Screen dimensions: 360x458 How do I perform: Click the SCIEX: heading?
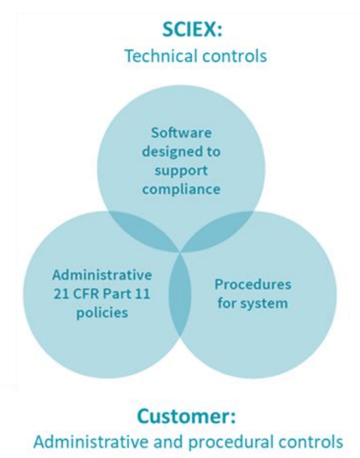coord(192,29)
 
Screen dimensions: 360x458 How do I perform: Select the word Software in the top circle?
coord(181,133)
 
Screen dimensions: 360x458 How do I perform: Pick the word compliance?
coord(181,190)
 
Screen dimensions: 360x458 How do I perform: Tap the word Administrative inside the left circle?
coord(102,275)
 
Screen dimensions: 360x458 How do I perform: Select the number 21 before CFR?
coord(61,294)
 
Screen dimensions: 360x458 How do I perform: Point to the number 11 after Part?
coord(142,294)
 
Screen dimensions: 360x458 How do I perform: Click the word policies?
coord(102,313)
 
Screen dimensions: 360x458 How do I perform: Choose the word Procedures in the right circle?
coord(253,285)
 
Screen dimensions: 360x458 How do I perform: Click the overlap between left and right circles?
coord(180,295)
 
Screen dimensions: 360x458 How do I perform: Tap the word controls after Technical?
coord(235,56)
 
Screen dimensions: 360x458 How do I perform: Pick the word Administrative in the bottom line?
coord(91,442)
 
